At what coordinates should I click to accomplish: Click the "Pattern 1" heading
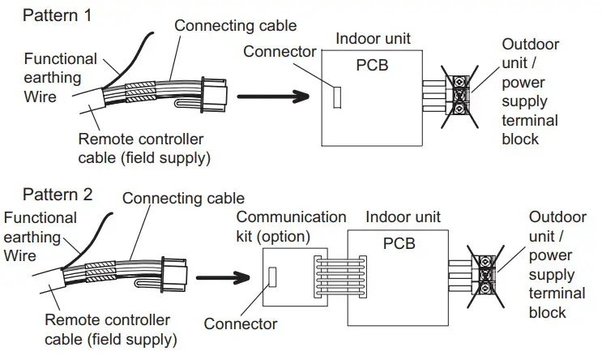[x=58, y=15]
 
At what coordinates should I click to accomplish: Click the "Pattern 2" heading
[x=58, y=195]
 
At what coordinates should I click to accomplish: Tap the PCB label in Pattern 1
[x=372, y=66]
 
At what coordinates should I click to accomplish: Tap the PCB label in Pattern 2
[x=399, y=243]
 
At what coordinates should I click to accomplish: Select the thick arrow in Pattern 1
[x=273, y=96]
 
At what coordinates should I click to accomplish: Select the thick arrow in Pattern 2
[x=223, y=277]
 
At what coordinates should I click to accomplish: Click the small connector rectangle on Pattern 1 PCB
[x=337, y=97]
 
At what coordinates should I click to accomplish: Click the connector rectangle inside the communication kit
[x=272, y=276]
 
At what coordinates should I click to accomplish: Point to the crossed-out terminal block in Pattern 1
[x=459, y=96]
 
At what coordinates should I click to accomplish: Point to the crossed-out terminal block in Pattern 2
[x=485, y=276]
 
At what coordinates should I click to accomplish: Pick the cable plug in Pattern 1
[x=214, y=96]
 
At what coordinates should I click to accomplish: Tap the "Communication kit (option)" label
[x=291, y=227]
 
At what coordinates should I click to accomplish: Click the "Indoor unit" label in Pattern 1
[x=373, y=38]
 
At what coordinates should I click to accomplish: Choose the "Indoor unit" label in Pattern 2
[x=403, y=217]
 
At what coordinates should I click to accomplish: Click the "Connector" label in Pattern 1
[x=280, y=51]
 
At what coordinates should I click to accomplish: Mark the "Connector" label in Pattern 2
[x=241, y=324]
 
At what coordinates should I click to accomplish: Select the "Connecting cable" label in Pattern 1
[x=235, y=26]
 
